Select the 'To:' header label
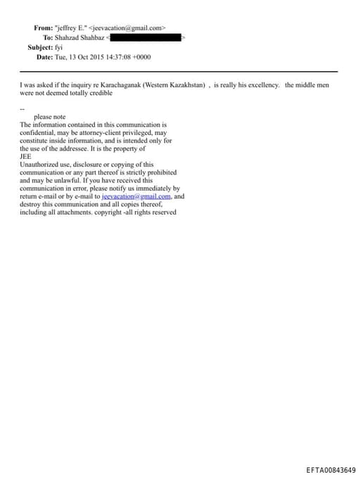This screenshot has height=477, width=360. point(48,37)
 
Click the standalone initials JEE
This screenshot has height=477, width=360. point(25,157)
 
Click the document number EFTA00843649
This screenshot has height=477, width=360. point(330,469)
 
